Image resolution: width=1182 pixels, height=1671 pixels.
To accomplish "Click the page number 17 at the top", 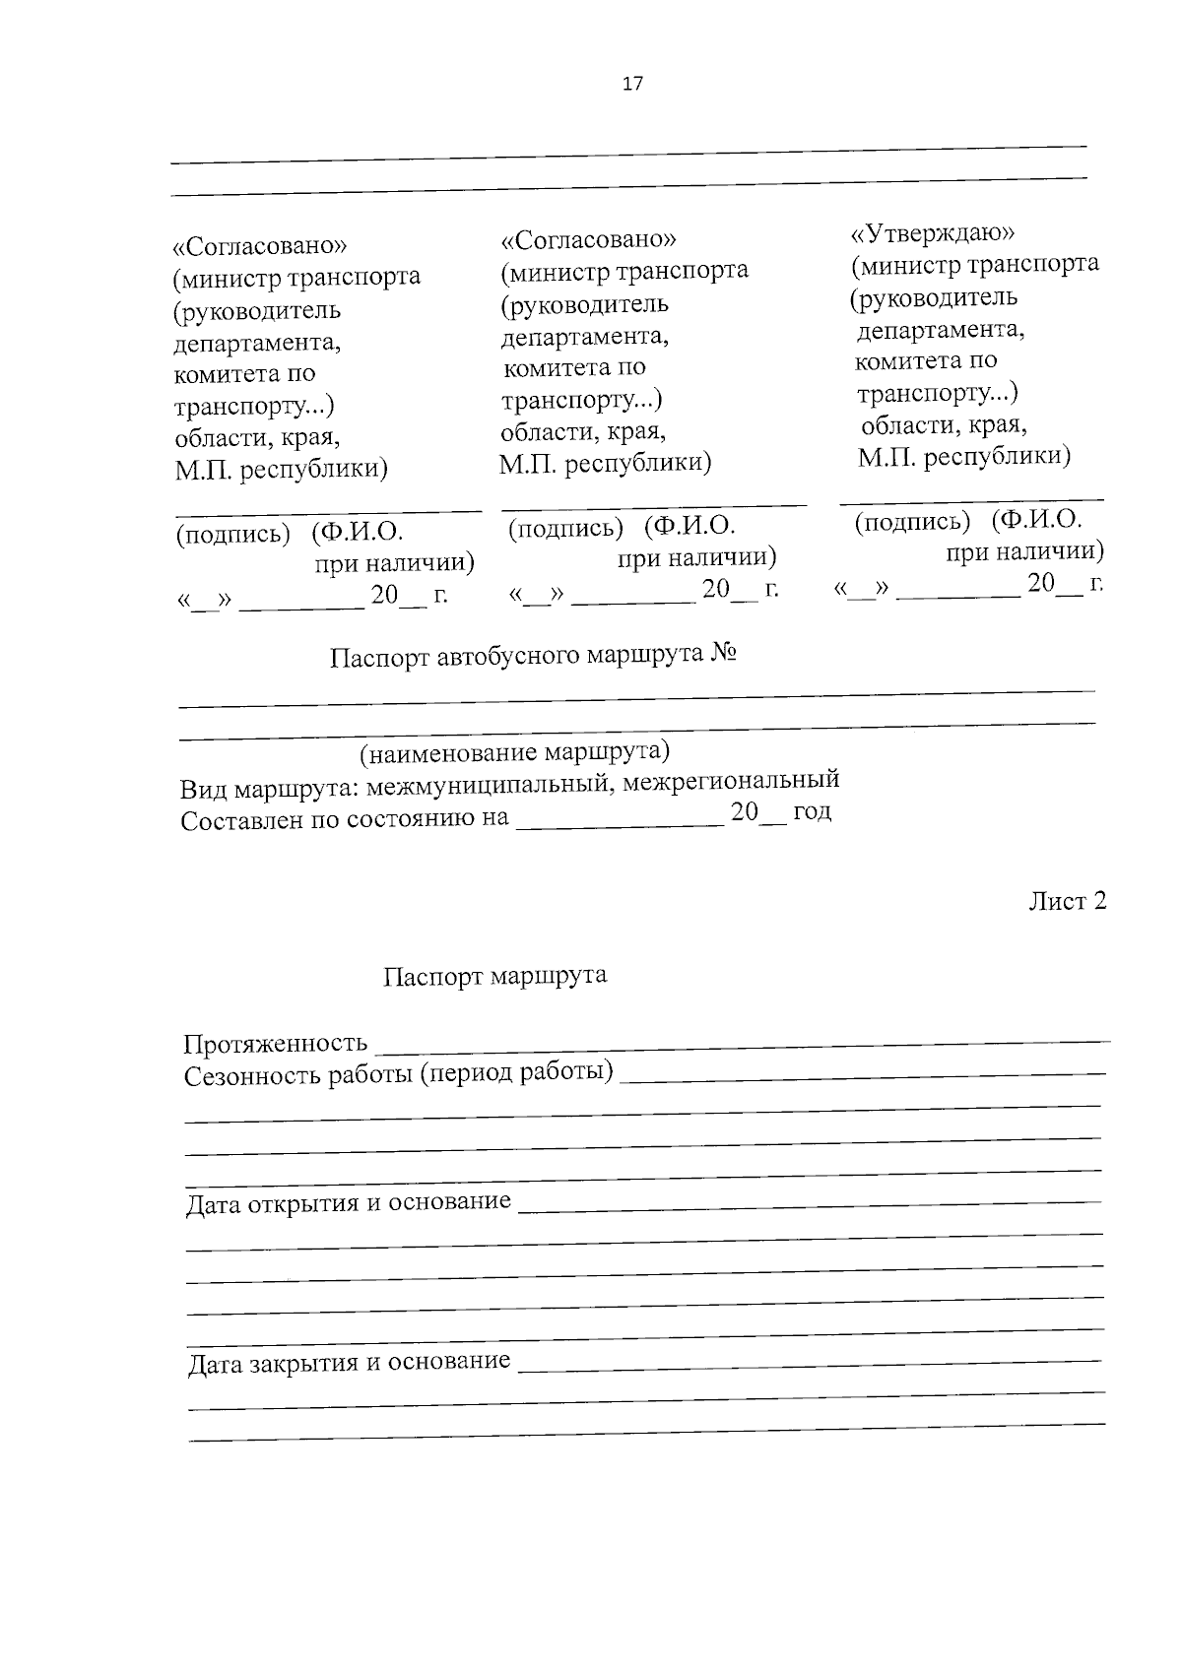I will [x=632, y=84].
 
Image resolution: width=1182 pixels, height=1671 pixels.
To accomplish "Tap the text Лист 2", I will [x=1068, y=901].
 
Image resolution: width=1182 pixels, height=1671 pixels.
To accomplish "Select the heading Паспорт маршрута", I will [x=494, y=976].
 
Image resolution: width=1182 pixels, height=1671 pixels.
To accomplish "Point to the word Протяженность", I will [x=276, y=1043].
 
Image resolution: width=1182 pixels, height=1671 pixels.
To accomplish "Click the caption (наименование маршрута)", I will [x=513, y=753].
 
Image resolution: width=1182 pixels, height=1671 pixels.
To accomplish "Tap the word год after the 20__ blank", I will [x=812, y=812].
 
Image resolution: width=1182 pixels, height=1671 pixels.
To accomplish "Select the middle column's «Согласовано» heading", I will [x=588, y=239].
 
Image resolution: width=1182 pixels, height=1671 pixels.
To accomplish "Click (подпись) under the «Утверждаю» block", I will [x=912, y=522].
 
